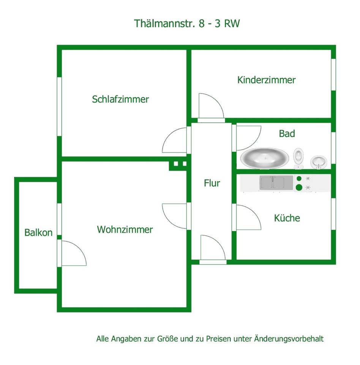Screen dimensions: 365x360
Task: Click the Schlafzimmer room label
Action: (120, 99)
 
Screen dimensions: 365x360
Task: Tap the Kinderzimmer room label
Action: (266, 80)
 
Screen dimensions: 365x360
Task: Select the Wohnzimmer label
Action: (125, 230)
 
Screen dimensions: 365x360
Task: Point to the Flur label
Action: (212, 183)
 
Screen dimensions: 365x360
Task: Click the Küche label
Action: (287, 218)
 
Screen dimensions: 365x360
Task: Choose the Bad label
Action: (287, 133)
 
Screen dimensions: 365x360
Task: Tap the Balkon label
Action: (38, 232)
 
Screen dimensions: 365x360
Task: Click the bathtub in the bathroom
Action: (264, 157)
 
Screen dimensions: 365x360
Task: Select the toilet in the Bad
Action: (298, 156)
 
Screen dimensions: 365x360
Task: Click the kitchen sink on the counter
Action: (276, 182)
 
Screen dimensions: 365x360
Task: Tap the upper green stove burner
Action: (299, 178)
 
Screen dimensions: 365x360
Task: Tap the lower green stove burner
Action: (299, 187)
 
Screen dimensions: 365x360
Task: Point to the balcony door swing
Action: (73, 253)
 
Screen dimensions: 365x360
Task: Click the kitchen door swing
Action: (248, 217)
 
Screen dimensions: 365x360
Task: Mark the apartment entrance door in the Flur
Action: (213, 248)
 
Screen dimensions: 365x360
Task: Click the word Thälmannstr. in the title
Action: (165, 23)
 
